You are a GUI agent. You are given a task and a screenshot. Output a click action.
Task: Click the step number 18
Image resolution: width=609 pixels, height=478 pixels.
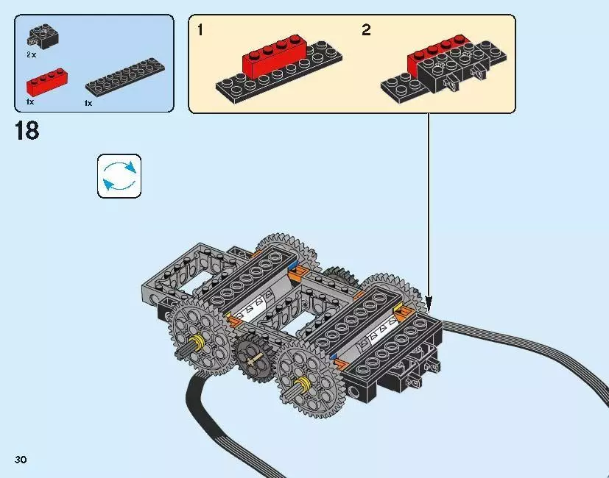click(x=26, y=132)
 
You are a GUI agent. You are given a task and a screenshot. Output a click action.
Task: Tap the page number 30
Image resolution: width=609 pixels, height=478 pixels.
click(x=21, y=460)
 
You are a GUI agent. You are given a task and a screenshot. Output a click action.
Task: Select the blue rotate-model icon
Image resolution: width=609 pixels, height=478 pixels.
click(x=119, y=176)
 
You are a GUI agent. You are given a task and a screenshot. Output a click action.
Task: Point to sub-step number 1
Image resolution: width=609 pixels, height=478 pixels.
click(x=200, y=31)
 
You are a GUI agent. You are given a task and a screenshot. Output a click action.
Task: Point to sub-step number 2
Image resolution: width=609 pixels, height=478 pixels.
click(x=366, y=31)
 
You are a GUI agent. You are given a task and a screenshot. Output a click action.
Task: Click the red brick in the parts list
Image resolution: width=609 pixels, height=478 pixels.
click(x=46, y=79)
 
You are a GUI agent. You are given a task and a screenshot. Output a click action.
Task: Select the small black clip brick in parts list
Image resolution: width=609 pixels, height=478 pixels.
click(x=43, y=35)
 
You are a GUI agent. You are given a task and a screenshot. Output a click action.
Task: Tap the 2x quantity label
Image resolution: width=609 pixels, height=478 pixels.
click(x=32, y=54)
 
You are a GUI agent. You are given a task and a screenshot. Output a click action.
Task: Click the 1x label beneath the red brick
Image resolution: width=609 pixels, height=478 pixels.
click(x=30, y=101)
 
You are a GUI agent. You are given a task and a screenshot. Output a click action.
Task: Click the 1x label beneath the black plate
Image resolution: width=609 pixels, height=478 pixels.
click(x=88, y=104)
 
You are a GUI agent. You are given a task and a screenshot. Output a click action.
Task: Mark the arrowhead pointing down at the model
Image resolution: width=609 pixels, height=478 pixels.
click(x=429, y=301)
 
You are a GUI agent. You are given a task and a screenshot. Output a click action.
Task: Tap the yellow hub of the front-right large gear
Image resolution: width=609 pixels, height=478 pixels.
click(x=301, y=383)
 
